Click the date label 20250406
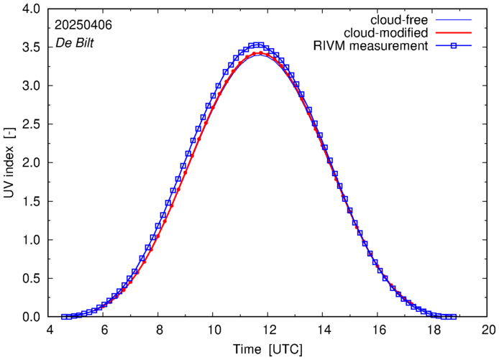pyautogui.click(x=83, y=25)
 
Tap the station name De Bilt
pyautogui.click(x=75, y=43)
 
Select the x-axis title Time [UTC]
pyautogui.click(x=267, y=350)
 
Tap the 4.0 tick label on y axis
pyautogui.click(x=32, y=9)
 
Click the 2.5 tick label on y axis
pyautogui.click(x=32, y=124)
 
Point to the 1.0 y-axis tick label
pyautogui.click(x=32, y=240)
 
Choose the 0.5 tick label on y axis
pyautogui.click(x=32, y=278)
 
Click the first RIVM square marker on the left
pyautogui.click(x=63, y=316)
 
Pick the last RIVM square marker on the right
pyautogui.click(x=453, y=316)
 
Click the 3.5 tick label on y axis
pyautogui.click(x=32, y=47)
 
